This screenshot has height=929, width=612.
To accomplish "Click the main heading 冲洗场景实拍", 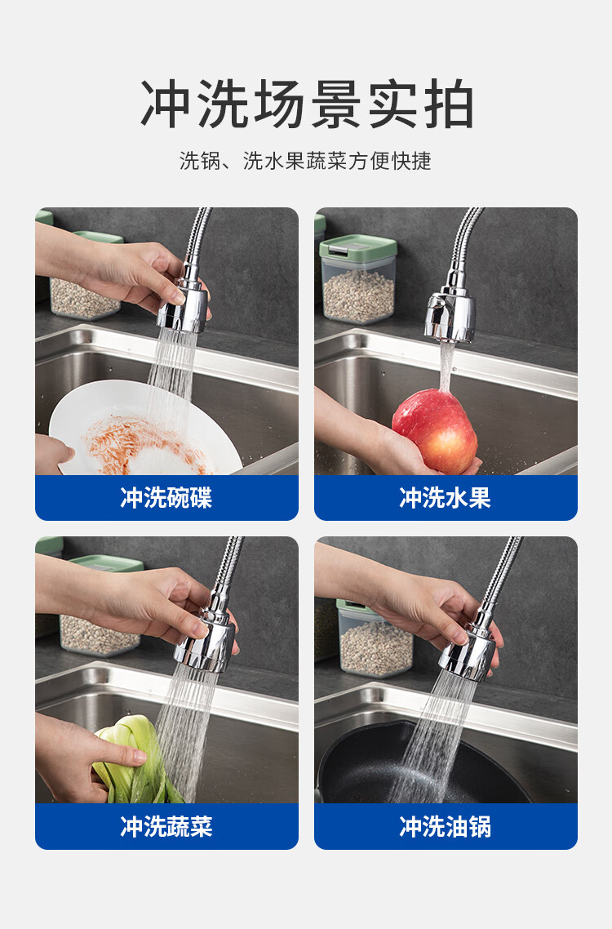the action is (x=307, y=104).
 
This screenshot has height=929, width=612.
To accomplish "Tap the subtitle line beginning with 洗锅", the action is (x=305, y=161).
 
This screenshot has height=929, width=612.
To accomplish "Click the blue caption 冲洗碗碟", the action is (x=166, y=498).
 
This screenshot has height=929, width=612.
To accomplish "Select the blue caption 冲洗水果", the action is (x=445, y=498).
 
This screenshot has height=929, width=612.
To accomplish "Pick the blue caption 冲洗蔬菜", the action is (x=166, y=826).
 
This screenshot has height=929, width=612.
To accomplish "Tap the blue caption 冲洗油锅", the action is (x=445, y=826).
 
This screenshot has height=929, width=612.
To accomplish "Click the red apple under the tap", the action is (x=434, y=430).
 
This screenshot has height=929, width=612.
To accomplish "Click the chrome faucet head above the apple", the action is (x=450, y=314).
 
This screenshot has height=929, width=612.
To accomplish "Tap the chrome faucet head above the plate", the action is (x=183, y=306).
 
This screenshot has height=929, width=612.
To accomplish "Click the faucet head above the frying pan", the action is (x=468, y=654).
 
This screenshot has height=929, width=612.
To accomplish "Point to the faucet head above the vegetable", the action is (x=205, y=642).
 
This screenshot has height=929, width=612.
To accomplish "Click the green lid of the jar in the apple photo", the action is (x=358, y=247).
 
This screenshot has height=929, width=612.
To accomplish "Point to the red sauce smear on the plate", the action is (x=142, y=444).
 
